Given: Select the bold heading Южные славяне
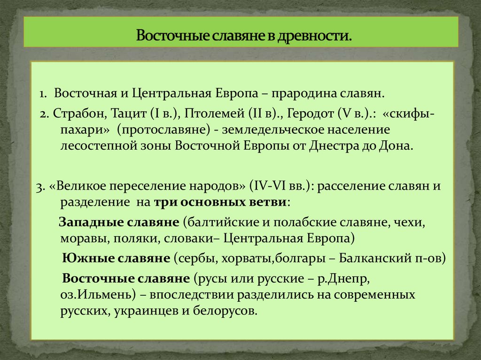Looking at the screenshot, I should click(x=116, y=258).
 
